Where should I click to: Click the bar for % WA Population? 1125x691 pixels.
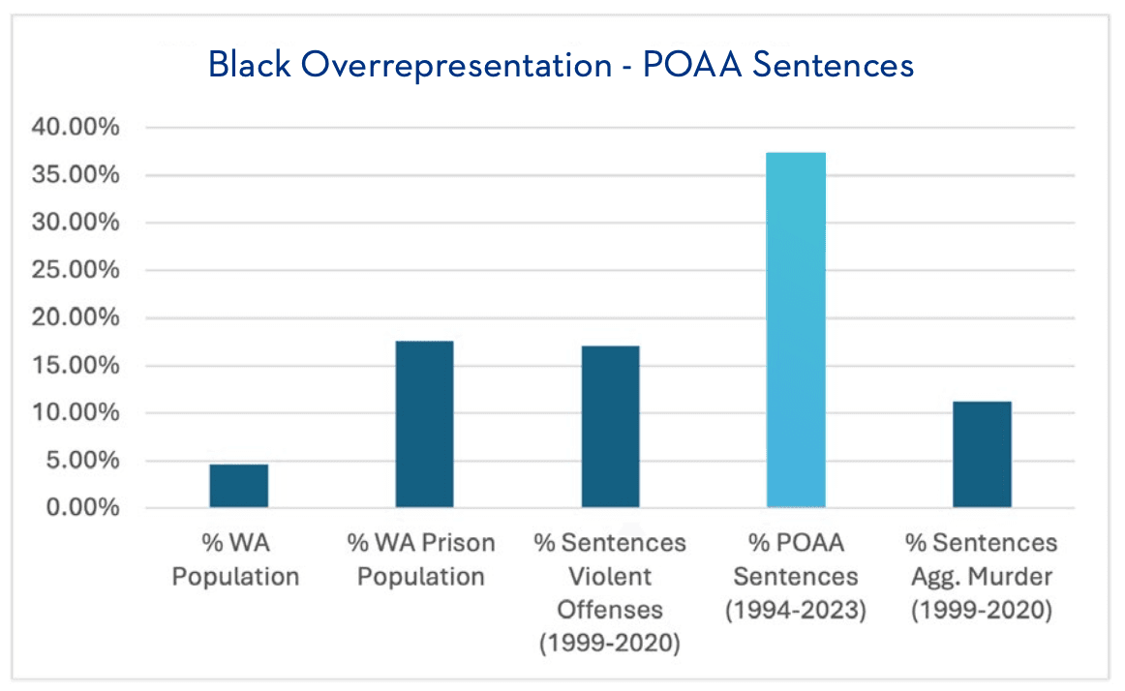tap(238, 486)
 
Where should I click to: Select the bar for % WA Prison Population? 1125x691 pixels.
tap(424, 424)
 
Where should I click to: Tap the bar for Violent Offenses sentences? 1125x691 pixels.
tap(610, 427)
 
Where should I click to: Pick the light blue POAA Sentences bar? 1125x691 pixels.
tap(796, 330)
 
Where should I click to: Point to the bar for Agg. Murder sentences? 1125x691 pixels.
tap(982, 454)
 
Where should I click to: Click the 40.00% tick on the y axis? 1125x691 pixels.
tap(78, 128)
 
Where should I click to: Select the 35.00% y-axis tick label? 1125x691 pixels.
tap(78, 175)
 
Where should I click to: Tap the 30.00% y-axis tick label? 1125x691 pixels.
tap(78, 223)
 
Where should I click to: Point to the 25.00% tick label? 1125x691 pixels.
tap(78, 270)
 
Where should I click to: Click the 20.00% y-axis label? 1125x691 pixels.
tap(78, 317)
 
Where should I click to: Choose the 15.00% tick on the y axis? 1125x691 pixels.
tap(78, 366)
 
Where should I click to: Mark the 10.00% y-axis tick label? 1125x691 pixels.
tap(78, 413)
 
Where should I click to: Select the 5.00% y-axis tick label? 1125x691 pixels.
tap(83, 461)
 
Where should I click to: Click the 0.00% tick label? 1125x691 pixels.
tap(83, 508)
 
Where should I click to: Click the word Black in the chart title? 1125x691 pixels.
tap(246, 65)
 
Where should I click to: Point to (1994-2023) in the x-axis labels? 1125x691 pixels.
tap(796, 611)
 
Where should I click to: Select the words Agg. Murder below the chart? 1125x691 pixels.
tap(982, 577)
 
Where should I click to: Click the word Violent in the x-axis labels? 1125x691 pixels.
tap(610, 577)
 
